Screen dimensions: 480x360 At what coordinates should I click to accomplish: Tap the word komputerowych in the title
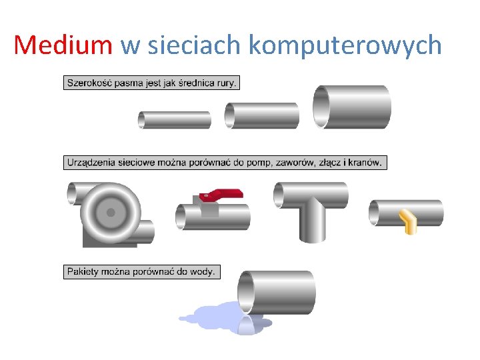coord(345,45)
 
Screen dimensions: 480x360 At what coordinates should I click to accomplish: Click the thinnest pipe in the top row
coord(175,120)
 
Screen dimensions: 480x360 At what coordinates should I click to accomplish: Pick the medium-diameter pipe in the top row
coord(262,115)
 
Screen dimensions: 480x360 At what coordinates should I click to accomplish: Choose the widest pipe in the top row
coord(352,107)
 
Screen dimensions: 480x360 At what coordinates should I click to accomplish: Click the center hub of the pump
coord(111,213)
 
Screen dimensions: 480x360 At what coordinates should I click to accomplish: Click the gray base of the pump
coord(100,239)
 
